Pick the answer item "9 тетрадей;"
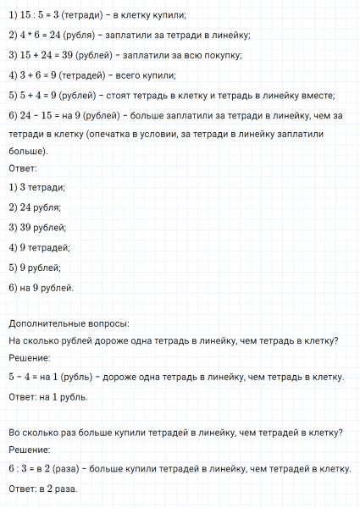pos(43,247)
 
